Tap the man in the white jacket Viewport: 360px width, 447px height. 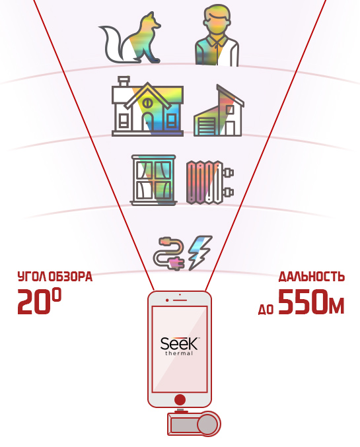tap(217, 37)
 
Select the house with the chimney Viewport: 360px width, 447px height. tap(147, 107)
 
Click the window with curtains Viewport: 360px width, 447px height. tap(153, 180)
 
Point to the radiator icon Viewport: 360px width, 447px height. tap(209, 182)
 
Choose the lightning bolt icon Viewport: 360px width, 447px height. tap(200, 253)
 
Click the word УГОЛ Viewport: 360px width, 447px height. tap(32, 277)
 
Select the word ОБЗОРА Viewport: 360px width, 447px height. tap(70, 277)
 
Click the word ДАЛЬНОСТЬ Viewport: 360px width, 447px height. tap(312, 277)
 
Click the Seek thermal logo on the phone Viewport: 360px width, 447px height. tap(180, 346)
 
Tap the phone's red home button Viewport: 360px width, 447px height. tap(180, 399)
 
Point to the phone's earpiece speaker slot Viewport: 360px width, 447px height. tap(180, 300)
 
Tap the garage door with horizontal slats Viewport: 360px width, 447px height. tap(205, 125)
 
